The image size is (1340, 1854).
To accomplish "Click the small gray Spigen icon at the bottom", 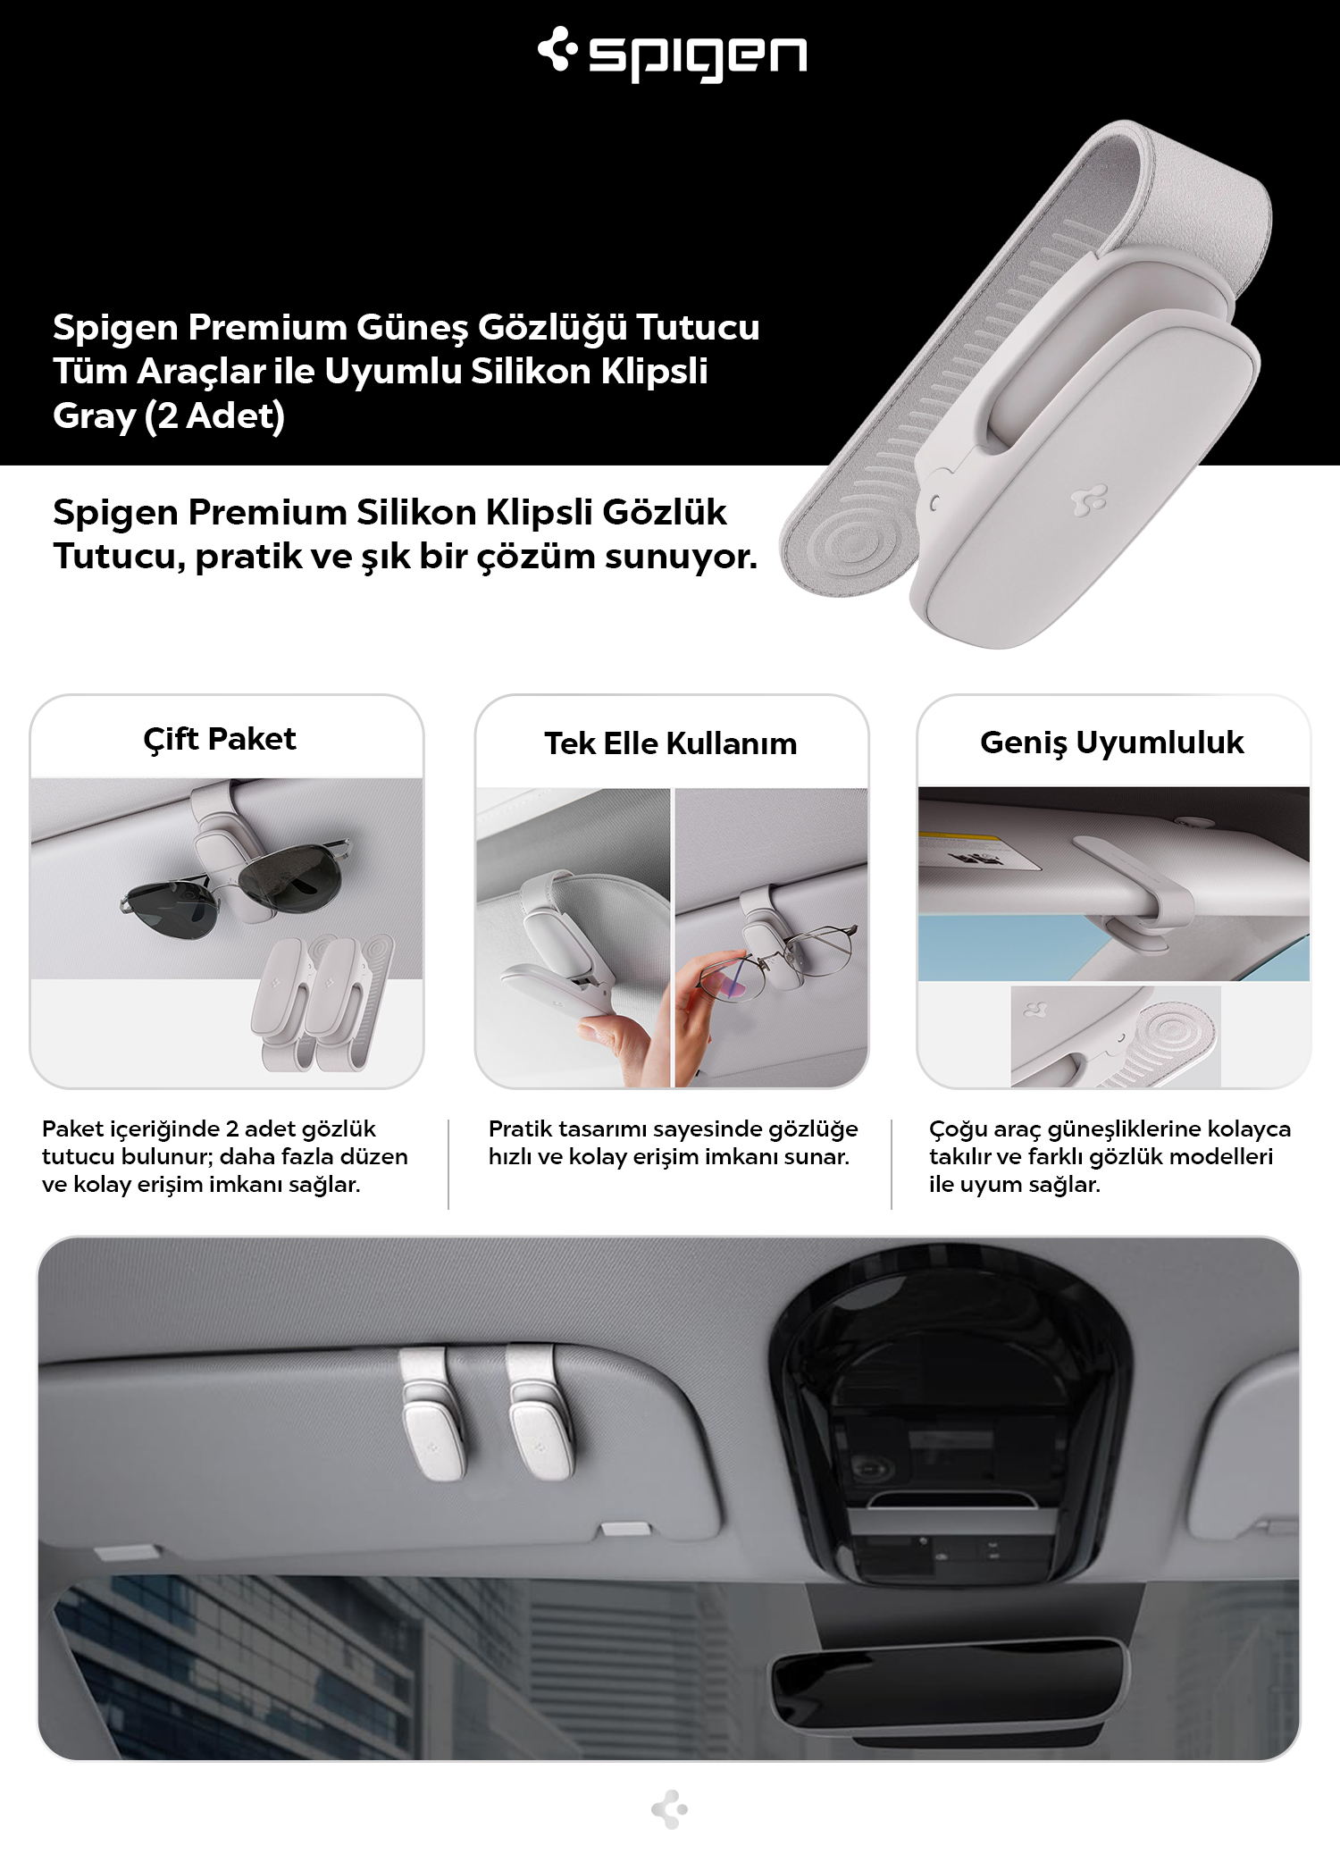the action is coord(670,1809).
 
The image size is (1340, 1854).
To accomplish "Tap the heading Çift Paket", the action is coord(220,740).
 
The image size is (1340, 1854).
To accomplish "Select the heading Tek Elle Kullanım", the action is coord(671,743).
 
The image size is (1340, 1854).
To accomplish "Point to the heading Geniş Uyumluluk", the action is coord(1112,742).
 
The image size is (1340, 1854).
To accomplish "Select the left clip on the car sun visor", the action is coord(431,1413).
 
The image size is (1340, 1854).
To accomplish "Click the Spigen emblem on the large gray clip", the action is coord(1089,500).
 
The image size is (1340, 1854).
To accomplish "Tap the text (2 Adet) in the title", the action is coord(214,416).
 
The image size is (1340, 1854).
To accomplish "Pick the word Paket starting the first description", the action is coord(73,1128).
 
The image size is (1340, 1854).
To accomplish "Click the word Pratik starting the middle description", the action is coord(520,1128).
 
